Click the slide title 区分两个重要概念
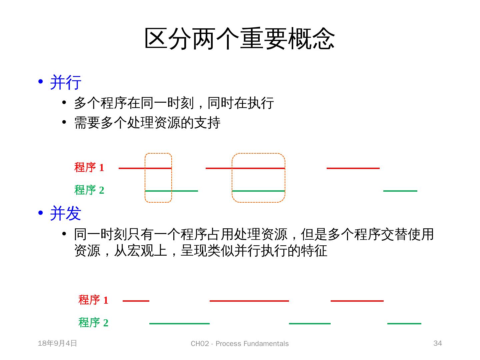239,39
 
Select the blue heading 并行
66,82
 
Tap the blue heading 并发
66,213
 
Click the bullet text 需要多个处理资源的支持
147,123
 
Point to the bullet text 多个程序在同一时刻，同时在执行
174,103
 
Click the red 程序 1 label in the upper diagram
89,167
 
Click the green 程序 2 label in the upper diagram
89,190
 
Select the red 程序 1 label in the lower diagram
93,300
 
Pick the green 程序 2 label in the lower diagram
93,323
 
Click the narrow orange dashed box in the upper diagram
158,154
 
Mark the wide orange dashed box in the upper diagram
258,154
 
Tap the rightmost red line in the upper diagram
353,168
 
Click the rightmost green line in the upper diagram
400,191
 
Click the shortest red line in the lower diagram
136,301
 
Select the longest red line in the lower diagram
249,301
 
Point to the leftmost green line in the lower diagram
179,324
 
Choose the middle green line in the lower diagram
310,324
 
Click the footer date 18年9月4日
57,343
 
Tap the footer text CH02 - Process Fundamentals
240,344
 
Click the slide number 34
437,343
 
